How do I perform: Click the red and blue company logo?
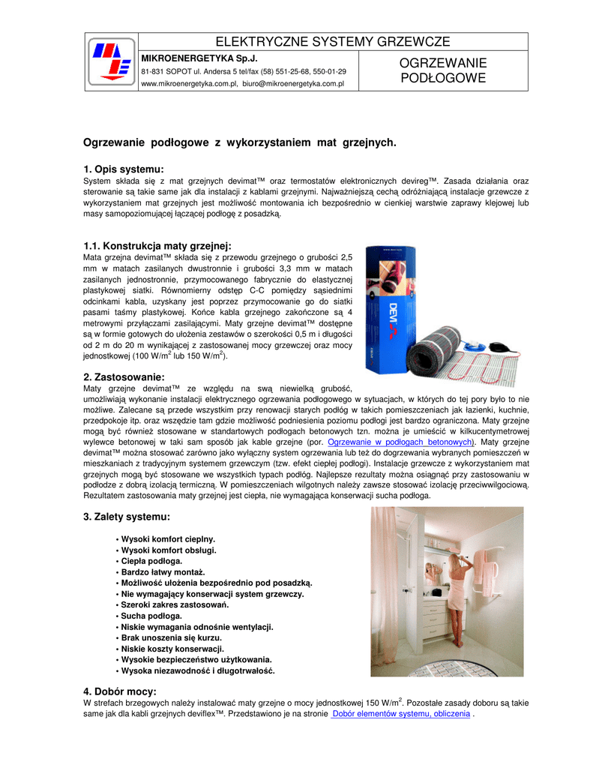tap(111, 62)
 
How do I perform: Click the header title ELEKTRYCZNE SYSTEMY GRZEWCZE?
tap(333, 41)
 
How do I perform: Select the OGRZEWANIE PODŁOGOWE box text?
tap(442, 70)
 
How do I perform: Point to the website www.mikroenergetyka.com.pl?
tap(188, 84)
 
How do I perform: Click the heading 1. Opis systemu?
tap(123, 169)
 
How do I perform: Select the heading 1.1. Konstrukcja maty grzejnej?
tap(157, 246)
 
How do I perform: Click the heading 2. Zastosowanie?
tap(124, 376)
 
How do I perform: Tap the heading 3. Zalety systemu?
tap(127, 517)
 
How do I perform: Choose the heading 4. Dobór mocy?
tap(120, 691)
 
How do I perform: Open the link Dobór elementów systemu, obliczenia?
tap(401, 714)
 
